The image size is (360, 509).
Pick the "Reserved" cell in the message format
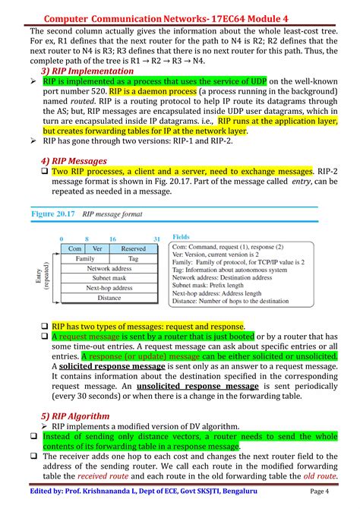(x=133, y=248)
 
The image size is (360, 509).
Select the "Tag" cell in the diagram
(x=133, y=258)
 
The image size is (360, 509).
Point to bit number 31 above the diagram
(x=156, y=239)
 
